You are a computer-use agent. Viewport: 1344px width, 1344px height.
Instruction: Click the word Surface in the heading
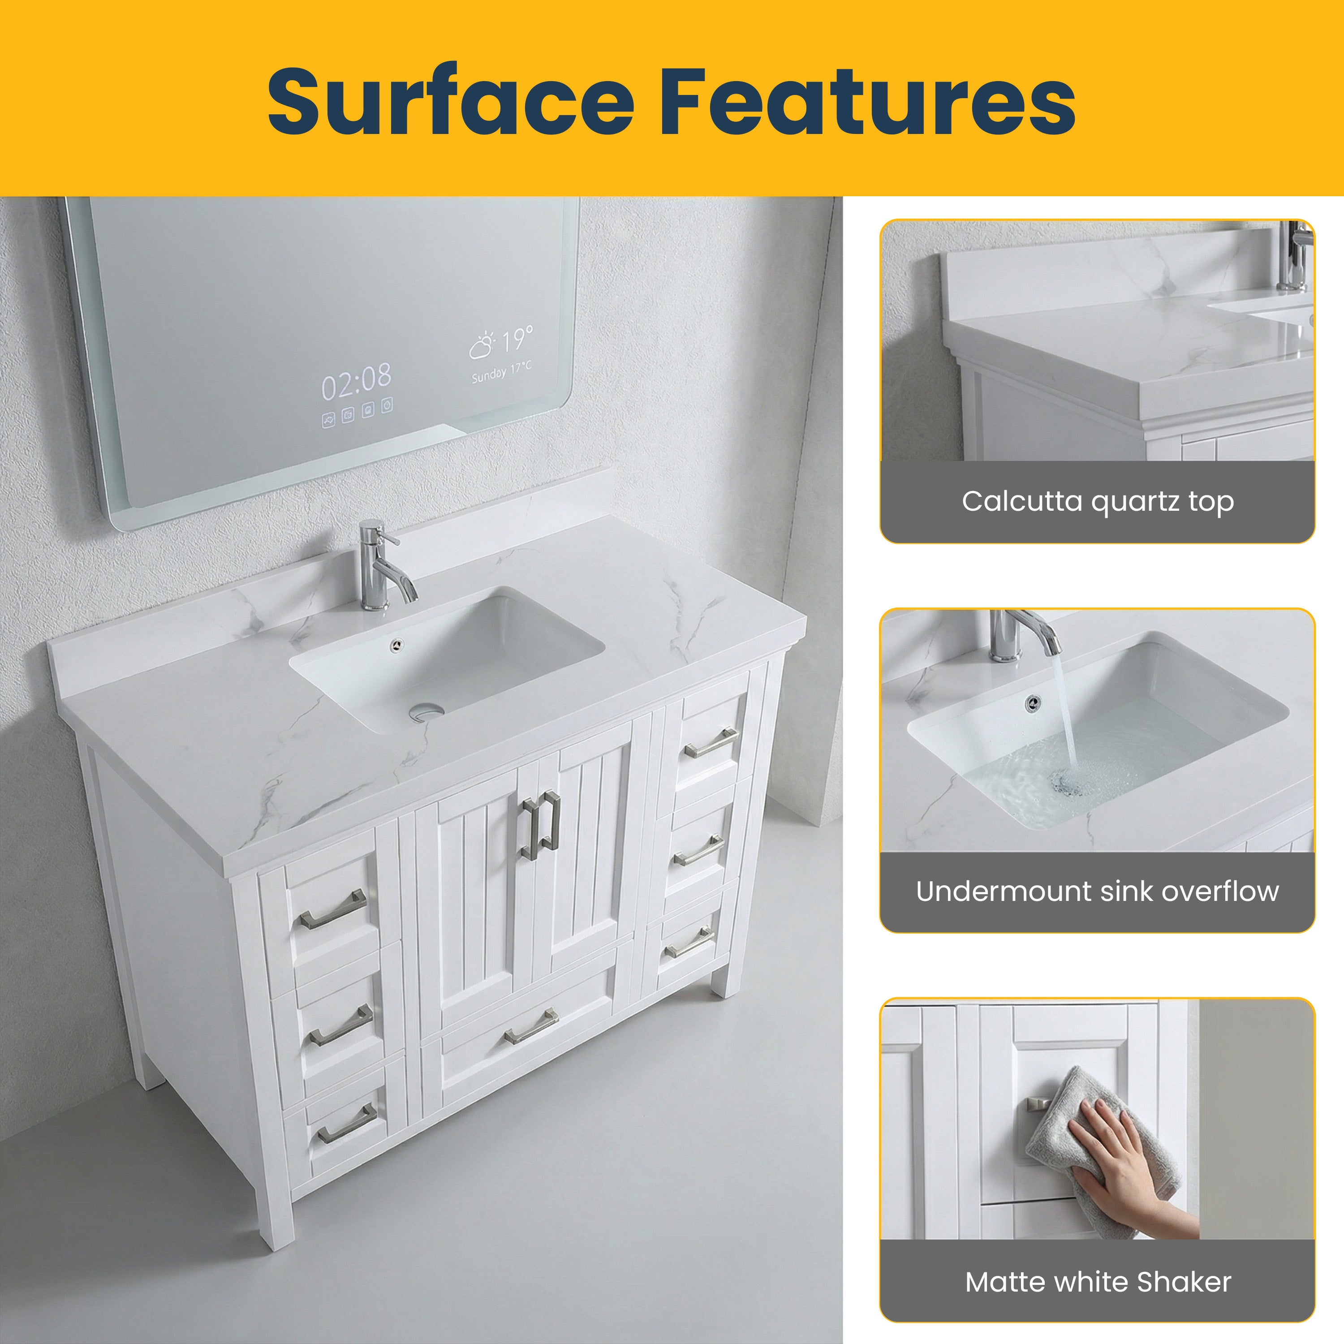450,102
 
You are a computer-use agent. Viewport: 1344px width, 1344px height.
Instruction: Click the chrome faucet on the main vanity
383,567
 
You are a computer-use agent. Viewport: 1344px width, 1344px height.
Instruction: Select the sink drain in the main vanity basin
426,711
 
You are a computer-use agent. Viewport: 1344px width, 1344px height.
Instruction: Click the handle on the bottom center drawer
531,1027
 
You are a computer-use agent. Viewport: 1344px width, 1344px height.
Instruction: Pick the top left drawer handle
333,910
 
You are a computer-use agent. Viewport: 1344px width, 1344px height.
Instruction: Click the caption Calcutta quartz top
1098,502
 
